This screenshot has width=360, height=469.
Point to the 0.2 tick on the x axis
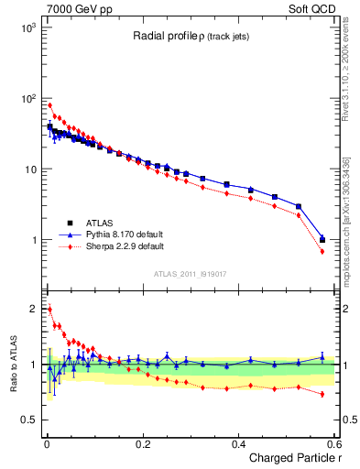142,443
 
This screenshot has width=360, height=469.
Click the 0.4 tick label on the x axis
238,443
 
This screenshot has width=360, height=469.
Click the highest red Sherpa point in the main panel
49,105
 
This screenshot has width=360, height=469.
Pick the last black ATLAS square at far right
322,240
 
